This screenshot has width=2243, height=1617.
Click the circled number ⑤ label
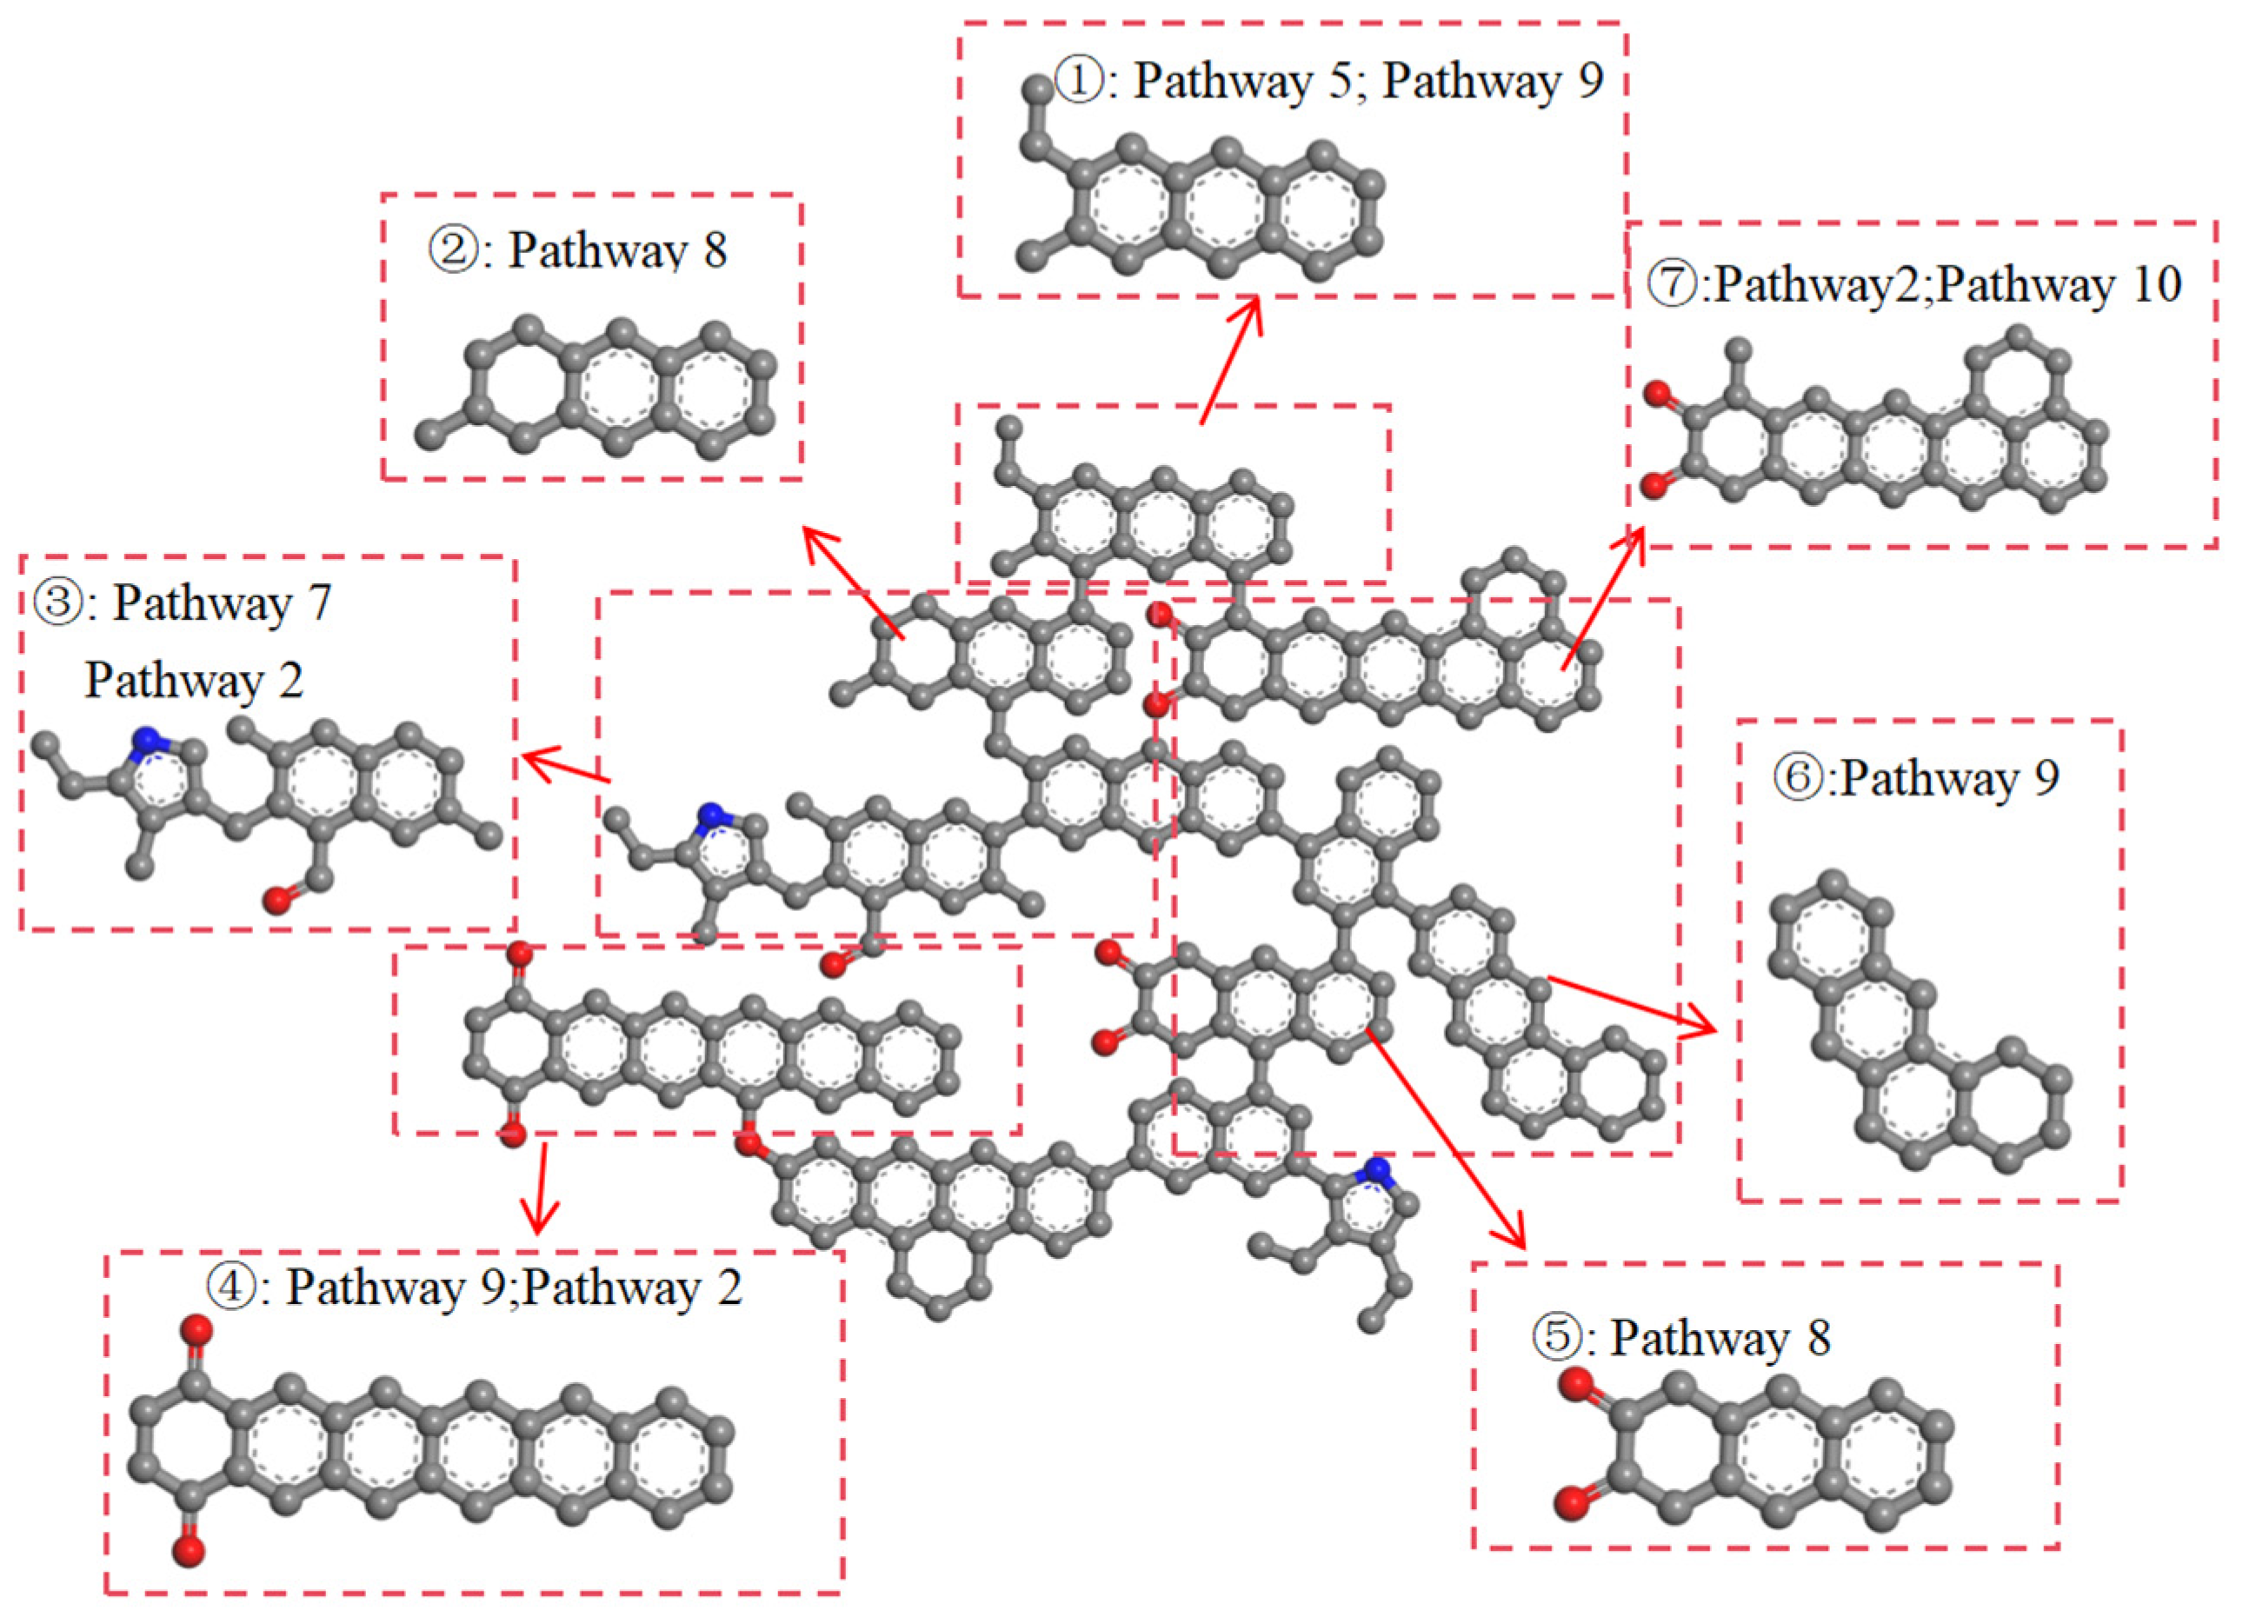click(x=1559, y=1338)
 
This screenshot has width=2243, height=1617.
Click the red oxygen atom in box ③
click(x=279, y=900)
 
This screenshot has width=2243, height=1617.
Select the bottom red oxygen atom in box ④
click(x=188, y=1551)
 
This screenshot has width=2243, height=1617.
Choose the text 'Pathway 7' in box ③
click(x=222, y=604)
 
